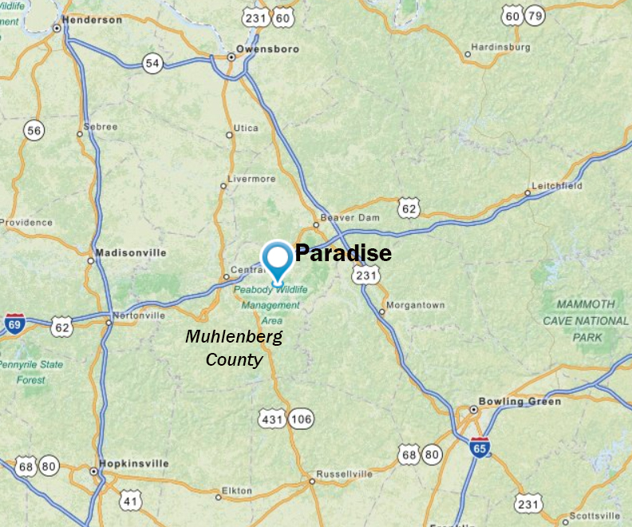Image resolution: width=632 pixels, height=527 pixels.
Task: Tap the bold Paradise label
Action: [343, 254]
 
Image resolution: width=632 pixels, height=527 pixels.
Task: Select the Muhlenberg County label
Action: [234, 348]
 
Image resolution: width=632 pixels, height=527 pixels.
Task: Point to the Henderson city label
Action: [92, 19]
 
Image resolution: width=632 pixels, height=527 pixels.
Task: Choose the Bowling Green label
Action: [519, 401]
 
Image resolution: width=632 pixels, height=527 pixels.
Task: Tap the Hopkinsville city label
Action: [133, 463]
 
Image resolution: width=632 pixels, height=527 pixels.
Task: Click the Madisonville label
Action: [131, 252]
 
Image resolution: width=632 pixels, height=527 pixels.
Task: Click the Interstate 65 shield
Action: [480, 447]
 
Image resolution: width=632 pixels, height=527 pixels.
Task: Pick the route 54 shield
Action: [152, 62]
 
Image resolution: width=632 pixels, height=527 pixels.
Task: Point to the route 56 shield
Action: [34, 131]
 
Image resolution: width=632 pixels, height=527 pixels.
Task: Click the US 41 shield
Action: [132, 501]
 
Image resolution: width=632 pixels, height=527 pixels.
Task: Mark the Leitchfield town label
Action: [559, 186]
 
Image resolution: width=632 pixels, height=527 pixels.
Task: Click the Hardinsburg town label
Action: [500, 47]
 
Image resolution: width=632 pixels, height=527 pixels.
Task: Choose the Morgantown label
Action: [415, 305]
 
